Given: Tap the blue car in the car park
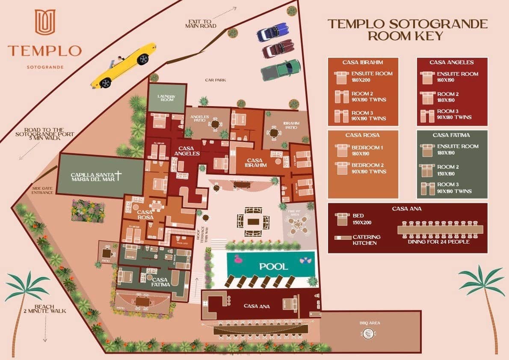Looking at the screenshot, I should point(273,32).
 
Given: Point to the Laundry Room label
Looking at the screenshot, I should point(167,98).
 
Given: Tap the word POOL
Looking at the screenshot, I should point(273,266).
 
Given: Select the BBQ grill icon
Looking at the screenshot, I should point(368,335).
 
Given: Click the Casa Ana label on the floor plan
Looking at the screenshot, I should point(256,306).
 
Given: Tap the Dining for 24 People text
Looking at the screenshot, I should point(439,242).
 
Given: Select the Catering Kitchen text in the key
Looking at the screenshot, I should point(366,240).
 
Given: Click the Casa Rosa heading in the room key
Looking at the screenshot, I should point(362,135).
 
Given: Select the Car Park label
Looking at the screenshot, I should point(215,80).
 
